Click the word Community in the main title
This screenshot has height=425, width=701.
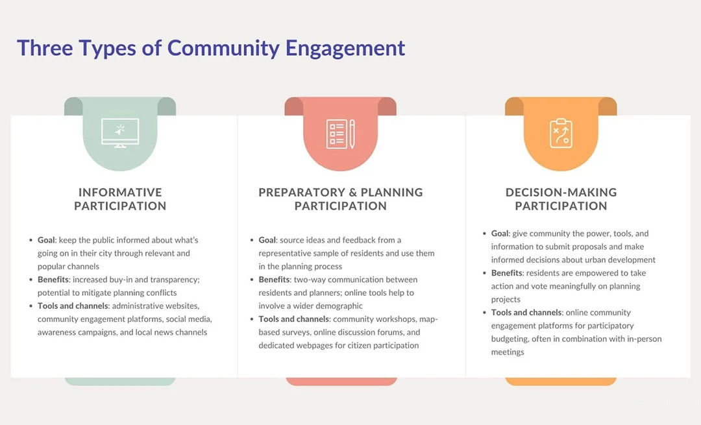click(223, 48)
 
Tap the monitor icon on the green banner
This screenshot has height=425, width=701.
click(120, 133)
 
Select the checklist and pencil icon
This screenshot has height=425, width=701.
click(341, 134)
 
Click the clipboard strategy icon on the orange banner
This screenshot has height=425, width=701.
click(561, 133)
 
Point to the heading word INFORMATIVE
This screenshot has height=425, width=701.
click(120, 192)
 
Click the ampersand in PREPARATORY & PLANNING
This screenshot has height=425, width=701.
click(352, 192)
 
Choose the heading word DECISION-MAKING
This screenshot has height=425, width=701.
click(561, 192)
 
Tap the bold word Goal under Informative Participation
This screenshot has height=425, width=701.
click(46, 240)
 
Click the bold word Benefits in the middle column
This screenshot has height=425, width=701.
click(274, 279)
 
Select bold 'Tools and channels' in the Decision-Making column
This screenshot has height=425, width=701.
click(526, 312)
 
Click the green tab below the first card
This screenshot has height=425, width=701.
click(120, 382)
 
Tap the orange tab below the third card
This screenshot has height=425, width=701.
click(561, 382)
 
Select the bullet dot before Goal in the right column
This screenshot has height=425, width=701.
click(484, 234)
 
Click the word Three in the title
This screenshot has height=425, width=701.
click(45, 48)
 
